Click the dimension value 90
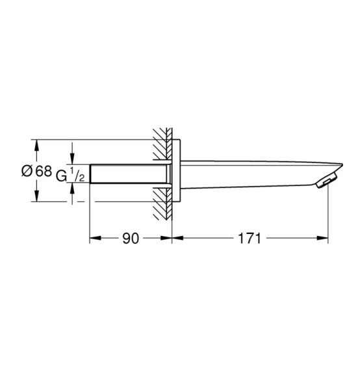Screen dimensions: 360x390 pos(131,238)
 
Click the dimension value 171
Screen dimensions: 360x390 pos(250,238)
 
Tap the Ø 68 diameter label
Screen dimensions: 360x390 pos(37,171)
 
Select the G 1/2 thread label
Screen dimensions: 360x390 pos(71,175)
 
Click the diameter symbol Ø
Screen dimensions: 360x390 pos(27,171)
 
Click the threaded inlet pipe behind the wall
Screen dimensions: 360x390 pos(130,174)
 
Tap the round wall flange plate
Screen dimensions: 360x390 pos(176,170)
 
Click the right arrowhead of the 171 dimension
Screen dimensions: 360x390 pos(322,238)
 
